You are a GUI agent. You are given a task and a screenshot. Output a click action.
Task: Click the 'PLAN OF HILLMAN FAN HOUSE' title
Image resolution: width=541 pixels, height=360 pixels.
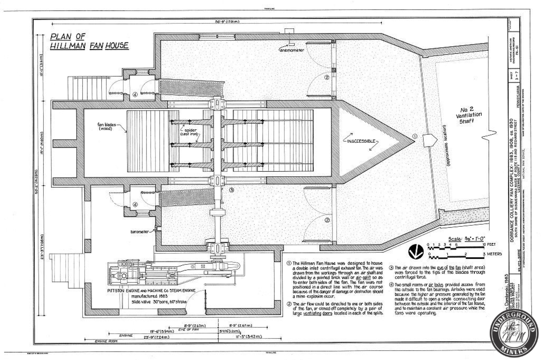click(x=89, y=41)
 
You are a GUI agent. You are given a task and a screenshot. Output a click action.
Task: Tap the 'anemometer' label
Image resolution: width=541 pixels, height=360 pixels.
click(x=292, y=50)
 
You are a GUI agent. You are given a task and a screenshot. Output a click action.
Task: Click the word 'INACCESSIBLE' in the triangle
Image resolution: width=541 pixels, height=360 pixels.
click(x=361, y=141)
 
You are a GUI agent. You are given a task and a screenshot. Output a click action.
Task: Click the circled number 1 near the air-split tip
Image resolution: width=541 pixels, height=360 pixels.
click(x=415, y=136)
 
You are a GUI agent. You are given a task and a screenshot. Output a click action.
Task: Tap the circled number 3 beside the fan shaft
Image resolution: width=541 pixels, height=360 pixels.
click(x=232, y=190)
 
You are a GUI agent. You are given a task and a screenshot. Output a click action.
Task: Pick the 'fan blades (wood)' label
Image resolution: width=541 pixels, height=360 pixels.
click(x=106, y=126)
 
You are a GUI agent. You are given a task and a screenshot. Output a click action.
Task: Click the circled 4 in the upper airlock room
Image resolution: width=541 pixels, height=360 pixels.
click(x=135, y=94)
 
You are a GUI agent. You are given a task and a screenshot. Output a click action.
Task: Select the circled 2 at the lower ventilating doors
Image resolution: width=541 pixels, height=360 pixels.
click(x=327, y=220)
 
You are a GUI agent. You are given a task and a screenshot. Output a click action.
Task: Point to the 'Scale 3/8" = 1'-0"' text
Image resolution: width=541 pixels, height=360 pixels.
click(x=466, y=239)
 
